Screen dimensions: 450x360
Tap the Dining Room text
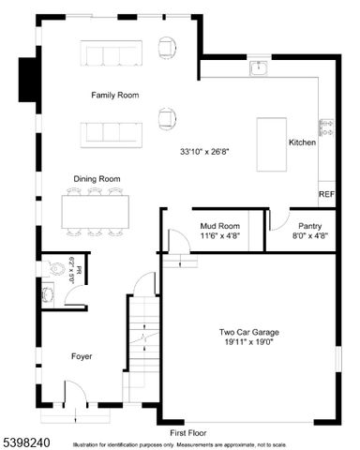point(97,178)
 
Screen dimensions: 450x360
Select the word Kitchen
point(302,142)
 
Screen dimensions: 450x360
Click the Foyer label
point(82,356)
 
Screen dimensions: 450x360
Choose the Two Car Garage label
point(249,333)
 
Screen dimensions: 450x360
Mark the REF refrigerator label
point(326,195)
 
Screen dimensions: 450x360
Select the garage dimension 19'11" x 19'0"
point(249,343)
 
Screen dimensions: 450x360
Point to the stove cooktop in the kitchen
point(325,127)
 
